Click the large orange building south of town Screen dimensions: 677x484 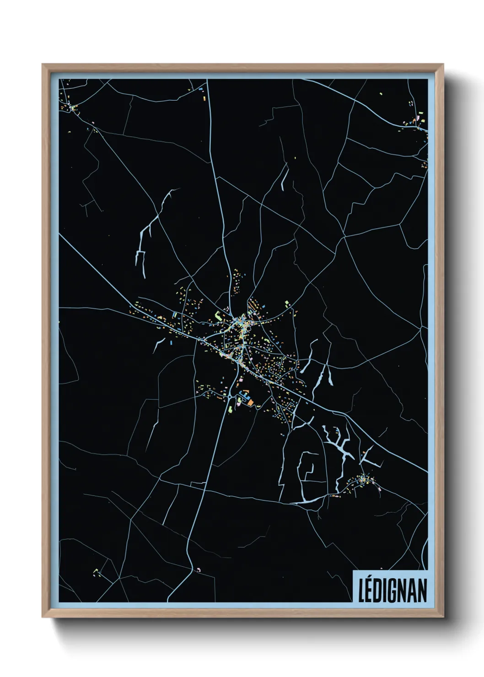point(250,402)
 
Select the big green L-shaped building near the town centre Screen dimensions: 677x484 point(218,316)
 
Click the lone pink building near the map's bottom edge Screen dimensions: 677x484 point(199,570)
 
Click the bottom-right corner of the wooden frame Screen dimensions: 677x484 point(443,617)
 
